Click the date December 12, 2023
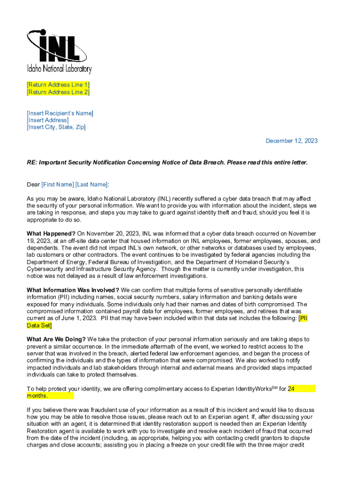(x=291, y=141)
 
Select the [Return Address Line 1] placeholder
(x=58, y=85)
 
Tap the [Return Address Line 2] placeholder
(x=58, y=92)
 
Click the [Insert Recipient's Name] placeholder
(x=60, y=113)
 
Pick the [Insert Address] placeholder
(x=47, y=120)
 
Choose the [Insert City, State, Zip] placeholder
(x=56, y=127)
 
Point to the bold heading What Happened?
(x=51, y=234)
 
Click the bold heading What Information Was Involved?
(x=73, y=290)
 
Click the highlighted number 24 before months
(x=292, y=389)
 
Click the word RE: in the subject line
(x=32, y=162)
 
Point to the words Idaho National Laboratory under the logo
(x=59, y=70)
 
